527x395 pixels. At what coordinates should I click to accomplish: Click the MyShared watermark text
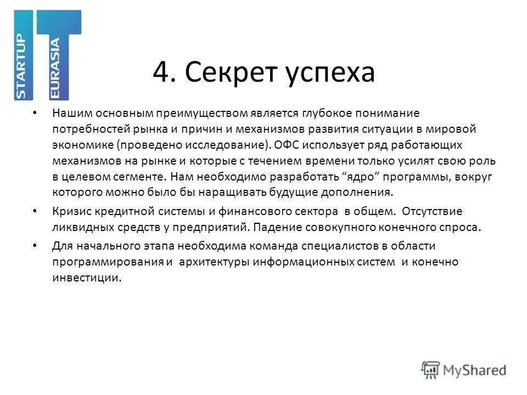pyautogui.click(x=475, y=370)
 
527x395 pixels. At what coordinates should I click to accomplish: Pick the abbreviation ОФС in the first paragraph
pyautogui.click(x=284, y=145)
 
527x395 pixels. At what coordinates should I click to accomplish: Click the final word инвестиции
pyautogui.click(x=86, y=278)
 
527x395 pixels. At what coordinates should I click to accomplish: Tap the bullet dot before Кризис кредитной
pyautogui.click(x=36, y=211)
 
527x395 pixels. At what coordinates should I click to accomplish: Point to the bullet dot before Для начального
pyautogui.click(x=36, y=245)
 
